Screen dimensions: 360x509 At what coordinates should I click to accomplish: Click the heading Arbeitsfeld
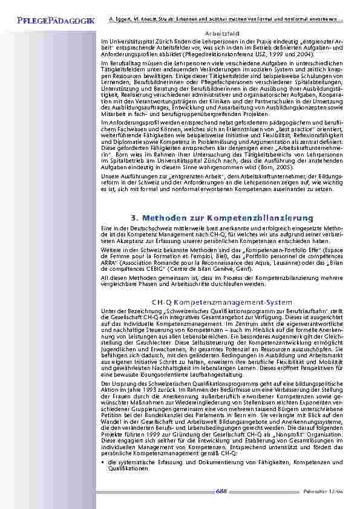[x=221, y=34]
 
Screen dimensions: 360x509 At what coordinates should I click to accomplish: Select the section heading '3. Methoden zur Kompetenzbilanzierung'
[x=221, y=217]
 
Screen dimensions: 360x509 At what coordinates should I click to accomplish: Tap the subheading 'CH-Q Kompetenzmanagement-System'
[x=221, y=302]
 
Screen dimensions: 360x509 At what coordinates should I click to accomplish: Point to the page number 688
[x=222, y=490]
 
